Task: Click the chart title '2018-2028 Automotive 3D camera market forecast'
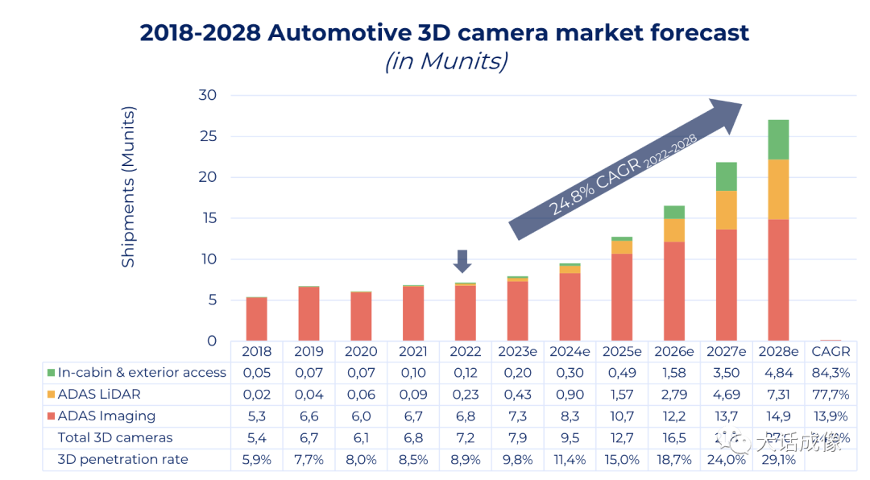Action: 445,32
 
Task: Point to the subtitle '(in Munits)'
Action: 445,61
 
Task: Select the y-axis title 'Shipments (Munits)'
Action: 128,186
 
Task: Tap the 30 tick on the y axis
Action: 208,95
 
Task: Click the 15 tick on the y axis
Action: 208,218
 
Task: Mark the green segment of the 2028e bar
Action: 777,139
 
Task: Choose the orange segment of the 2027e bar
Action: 726,210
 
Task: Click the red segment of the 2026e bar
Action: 674,291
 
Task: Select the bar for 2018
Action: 257,319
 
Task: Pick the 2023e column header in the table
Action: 517,352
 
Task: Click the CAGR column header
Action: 830,352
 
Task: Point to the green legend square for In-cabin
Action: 51,373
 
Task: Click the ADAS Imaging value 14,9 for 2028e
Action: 777,416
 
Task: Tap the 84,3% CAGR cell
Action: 830,373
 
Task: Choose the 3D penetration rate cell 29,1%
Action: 777,460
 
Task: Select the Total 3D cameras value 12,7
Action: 622,438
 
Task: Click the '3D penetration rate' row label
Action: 122,460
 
